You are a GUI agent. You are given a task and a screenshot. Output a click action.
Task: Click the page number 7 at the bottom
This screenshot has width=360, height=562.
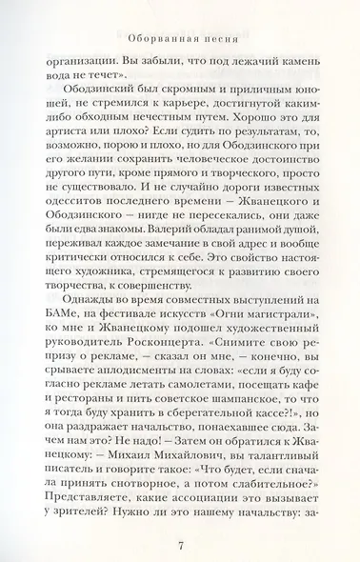tap(180, 519)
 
